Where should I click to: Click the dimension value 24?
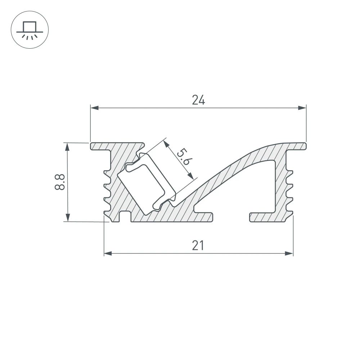coord(198,100)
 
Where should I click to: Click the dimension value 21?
coord(198,246)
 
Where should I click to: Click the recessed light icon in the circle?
coord(30,30)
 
